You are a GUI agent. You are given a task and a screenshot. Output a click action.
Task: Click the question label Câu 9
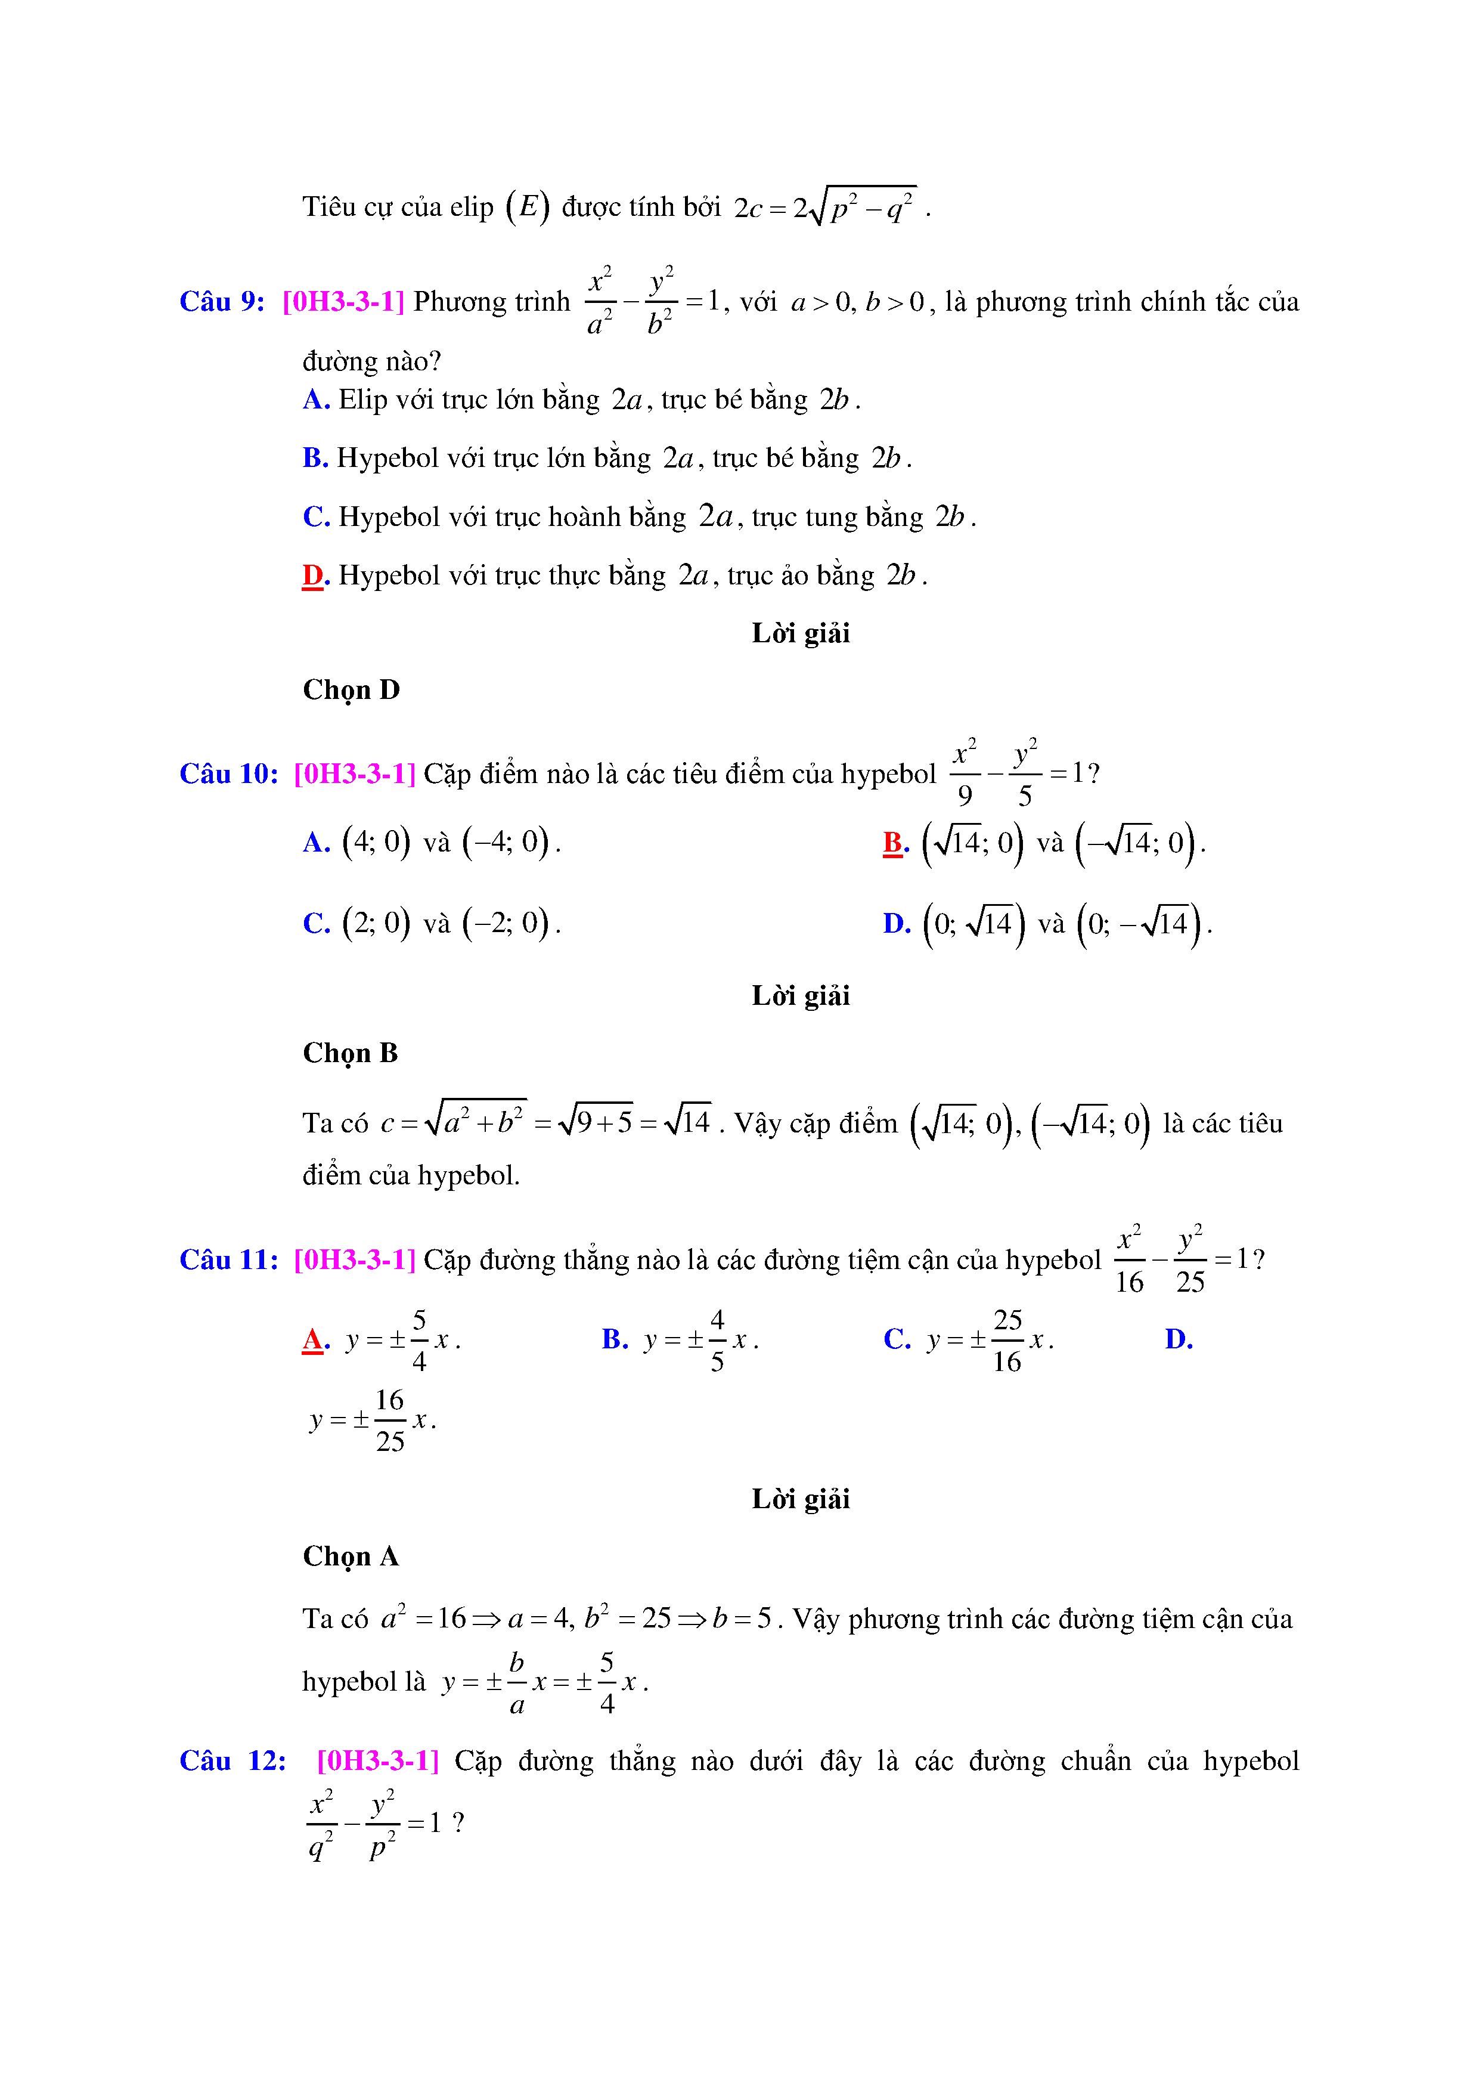221,302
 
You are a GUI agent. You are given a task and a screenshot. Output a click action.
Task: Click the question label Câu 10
228,773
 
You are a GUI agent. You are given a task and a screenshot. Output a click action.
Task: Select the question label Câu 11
228,1259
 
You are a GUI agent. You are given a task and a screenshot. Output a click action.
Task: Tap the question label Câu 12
232,1760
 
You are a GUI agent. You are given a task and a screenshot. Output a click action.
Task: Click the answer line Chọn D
351,690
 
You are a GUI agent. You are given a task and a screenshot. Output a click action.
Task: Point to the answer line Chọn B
350,1053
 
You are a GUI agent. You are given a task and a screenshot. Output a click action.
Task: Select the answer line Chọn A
350,1556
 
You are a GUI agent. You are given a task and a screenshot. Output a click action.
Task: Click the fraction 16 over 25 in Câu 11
390,1421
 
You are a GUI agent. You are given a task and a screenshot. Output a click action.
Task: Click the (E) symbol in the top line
528,207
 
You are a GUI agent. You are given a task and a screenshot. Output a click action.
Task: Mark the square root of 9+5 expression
596,1122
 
